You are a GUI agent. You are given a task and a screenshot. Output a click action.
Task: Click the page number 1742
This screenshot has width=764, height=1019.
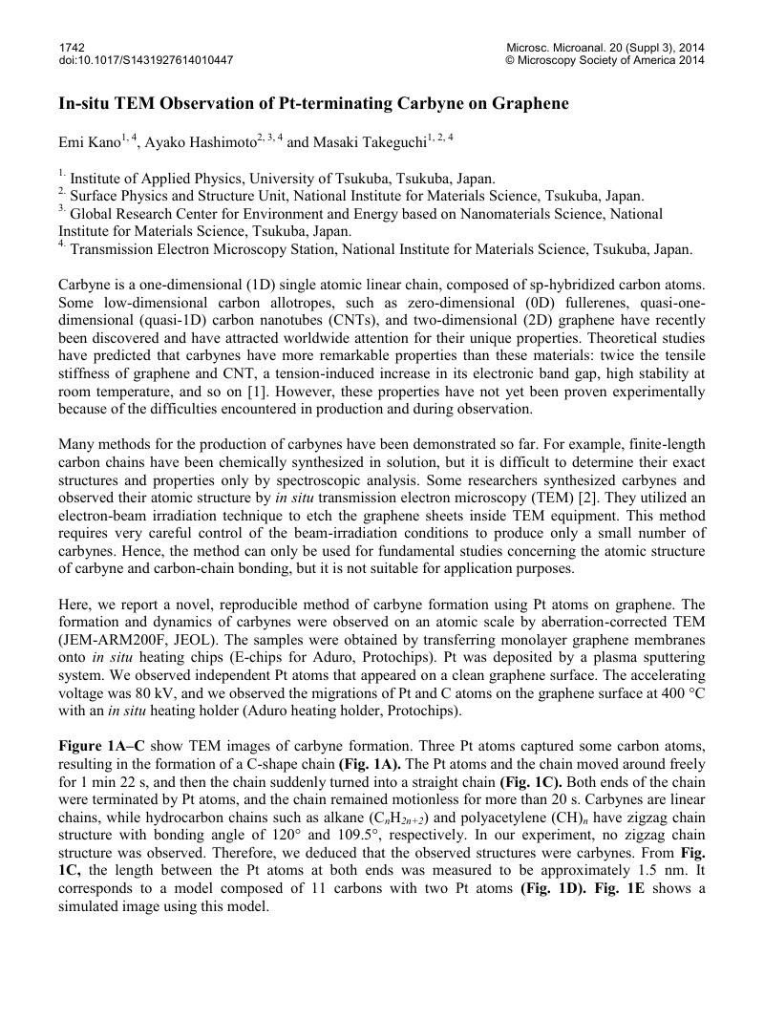pyautogui.click(x=72, y=47)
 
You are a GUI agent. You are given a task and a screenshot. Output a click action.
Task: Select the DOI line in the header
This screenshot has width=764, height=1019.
pyautogui.click(x=145, y=60)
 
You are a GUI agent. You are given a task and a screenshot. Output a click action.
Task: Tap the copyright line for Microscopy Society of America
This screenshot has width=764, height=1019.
pyautogui.click(x=605, y=60)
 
